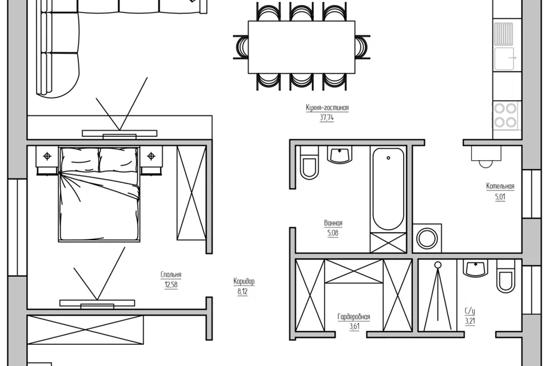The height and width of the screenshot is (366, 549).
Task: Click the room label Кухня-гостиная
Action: click(327, 108)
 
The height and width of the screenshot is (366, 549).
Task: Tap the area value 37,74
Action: click(327, 118)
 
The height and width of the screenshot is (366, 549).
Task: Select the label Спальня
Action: click(171, 274)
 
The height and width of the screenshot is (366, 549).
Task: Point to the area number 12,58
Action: click(171, 284)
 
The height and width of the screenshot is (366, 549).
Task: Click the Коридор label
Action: click(244, 281)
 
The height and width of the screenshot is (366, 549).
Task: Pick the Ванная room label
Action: click(333, 223)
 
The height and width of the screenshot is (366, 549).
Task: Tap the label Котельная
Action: click(500, 186)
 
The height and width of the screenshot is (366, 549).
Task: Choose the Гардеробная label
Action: click(353, 317)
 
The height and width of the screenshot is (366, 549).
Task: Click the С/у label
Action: click(470, 311)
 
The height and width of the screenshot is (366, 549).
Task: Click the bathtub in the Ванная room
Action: click(388, 189)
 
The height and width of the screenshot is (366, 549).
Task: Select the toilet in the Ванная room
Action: click(309, 162)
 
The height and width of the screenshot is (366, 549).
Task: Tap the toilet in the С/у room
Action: click(506, 276)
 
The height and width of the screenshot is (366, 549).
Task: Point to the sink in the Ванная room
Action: click(339, 155)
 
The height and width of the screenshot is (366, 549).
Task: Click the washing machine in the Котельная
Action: click(427, 238)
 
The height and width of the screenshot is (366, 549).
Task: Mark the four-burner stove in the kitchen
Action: click(505, 115)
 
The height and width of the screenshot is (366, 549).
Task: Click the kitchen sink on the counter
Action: click(505, 58)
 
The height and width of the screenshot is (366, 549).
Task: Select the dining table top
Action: click(301, 47)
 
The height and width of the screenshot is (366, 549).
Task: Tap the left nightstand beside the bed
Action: click(47, 160)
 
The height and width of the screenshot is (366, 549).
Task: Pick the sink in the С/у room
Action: click(476, 268)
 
